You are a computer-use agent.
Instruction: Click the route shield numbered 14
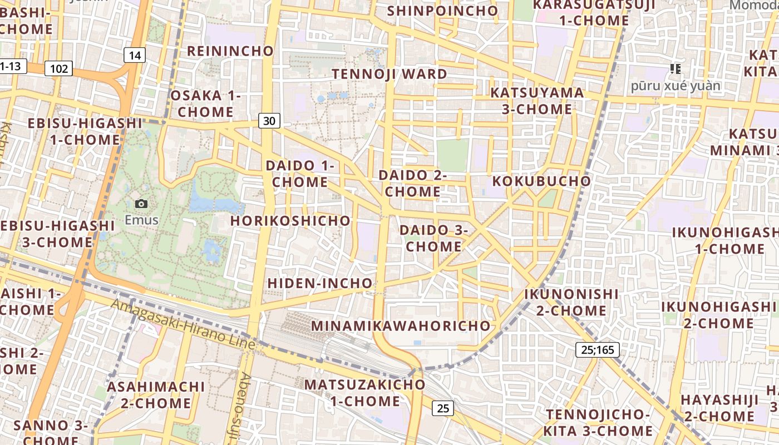tap(134, 55)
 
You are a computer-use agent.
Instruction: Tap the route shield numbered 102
tap(58, 68)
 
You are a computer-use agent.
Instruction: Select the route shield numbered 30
tap(269, 121)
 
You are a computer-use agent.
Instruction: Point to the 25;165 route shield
tap(597, 350)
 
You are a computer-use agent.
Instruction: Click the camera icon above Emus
tap(141, 204)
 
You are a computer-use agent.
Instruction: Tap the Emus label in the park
tap(141, 220)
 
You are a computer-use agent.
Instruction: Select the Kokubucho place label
tap(541, 181)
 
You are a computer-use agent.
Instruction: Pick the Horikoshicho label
tap(291, 221)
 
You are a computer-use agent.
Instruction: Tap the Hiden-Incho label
tap(320, 283)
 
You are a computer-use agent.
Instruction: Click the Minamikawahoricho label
tap(401, 326)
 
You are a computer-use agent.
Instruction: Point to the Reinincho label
tap(230, 51)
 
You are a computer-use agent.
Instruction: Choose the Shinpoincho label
tap(442, 11)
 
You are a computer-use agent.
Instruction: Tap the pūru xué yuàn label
tap(676, 86)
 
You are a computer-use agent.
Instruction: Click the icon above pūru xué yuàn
tap(676, 69)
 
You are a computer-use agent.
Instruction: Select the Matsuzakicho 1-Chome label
tap(364, 393)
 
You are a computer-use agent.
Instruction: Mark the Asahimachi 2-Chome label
tap(156, 394)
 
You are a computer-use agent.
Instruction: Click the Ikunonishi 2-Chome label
tap(571, 302)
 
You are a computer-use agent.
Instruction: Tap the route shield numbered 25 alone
tap(443, 408)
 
